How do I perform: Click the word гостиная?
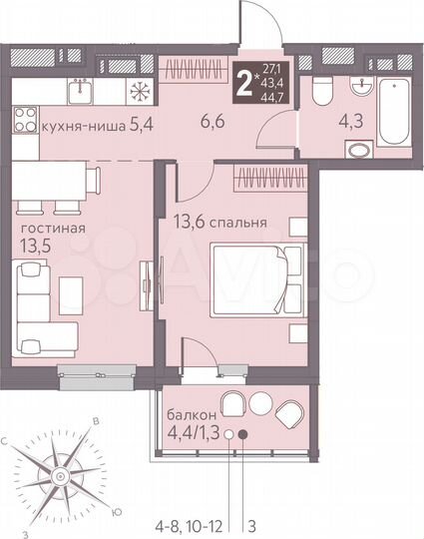53,229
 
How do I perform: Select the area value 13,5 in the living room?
36,246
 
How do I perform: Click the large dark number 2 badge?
240,76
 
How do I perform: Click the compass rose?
65,470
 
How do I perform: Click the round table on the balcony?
259,402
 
